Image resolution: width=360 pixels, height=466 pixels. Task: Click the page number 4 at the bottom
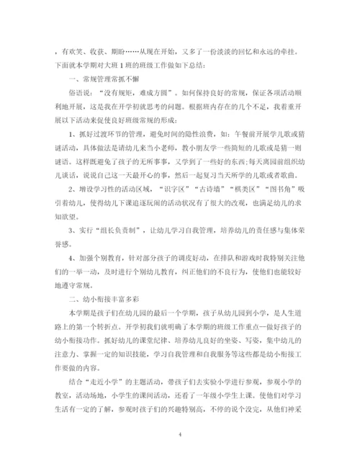pos(179,435)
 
